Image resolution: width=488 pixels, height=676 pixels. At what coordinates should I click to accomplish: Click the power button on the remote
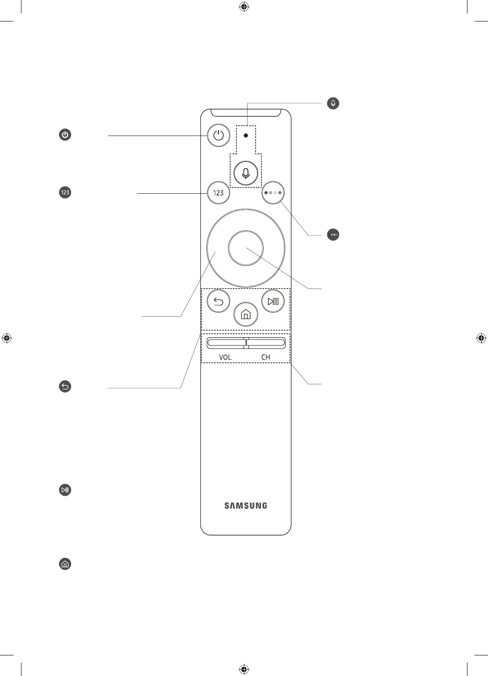[x=219, y=135]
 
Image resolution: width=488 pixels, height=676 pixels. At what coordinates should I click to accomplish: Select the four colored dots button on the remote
[x=273, y=193]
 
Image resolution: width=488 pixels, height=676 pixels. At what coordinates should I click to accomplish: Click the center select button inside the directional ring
[x=245, y=248]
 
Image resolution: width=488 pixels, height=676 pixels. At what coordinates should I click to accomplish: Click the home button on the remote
[x=245, y=315]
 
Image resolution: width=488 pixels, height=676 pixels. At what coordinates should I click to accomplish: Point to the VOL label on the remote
[x=225, y=357]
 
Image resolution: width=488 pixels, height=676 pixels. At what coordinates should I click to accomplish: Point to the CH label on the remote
[x=266, y=357]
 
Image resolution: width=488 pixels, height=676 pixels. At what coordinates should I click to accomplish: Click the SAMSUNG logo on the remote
[x=245, y=506]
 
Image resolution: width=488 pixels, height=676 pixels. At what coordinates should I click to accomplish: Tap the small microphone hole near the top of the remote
[x=246, y=135]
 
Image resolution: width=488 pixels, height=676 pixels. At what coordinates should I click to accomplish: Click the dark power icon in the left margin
[x=65, y=135]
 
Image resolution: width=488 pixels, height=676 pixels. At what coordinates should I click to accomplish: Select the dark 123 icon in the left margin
[x=65, y=192]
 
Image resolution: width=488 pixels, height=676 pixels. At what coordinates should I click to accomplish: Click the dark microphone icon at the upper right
[x=333, y=103]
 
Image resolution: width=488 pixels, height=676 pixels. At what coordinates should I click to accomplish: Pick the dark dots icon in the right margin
[x=333, y=234]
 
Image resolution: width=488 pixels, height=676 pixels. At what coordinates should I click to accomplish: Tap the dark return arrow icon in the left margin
[x=65, y=387]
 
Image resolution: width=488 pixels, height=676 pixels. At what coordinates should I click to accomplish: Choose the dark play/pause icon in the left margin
[x=65, y=489]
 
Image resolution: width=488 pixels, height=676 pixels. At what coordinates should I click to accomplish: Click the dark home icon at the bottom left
[x=65, y=564]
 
